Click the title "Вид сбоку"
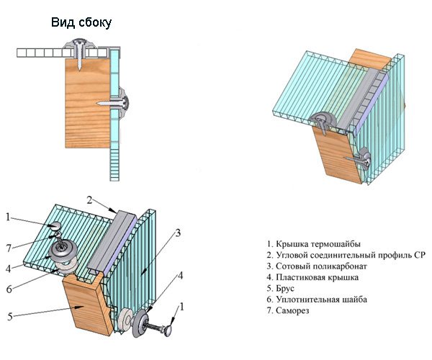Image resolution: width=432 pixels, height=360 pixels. pos(81,23)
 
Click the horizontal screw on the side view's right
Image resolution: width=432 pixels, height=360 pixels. pos(117,100)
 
